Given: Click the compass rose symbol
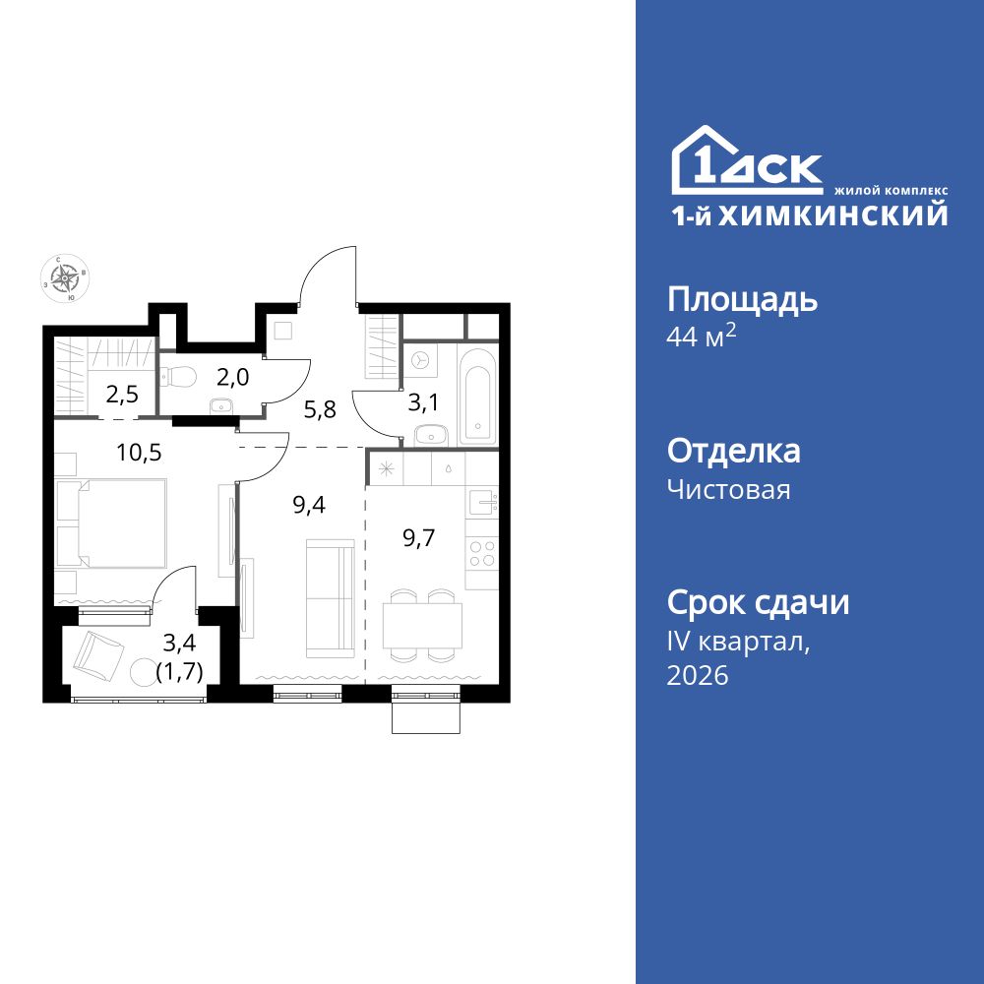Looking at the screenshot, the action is pos(65,278).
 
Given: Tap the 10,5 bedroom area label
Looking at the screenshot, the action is pos(140,452).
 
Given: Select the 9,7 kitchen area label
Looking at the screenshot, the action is pos(418,538).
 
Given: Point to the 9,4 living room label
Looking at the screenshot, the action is pos(309,504).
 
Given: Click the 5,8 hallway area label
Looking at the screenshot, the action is pos(320,409).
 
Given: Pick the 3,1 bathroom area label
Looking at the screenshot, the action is pos(423,402).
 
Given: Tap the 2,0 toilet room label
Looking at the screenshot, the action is pos(233,377).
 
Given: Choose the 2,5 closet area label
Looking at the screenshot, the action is pos(122,395).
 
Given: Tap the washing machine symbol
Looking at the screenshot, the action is pos(420,360).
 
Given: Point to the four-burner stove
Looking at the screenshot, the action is pos(482,553).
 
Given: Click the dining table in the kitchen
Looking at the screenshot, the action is pos(422,626).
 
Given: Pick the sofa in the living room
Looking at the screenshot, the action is pos(330,598).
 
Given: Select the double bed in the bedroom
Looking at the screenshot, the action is pos(112,523).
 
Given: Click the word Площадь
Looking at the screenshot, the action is pos(742,302).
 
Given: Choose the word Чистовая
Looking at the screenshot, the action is pos(728,489).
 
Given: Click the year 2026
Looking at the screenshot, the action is pos(698,675).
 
